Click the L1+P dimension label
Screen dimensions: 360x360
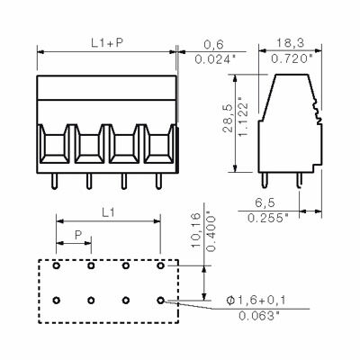[106, 42]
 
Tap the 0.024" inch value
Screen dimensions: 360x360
[215, 59]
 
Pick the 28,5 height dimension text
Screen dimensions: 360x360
[227, 121]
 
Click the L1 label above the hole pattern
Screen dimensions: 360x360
[106, 211]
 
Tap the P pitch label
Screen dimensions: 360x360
[79, 234]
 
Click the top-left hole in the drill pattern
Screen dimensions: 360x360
[55, 266]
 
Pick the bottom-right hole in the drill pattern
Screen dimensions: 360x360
[160, 299]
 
